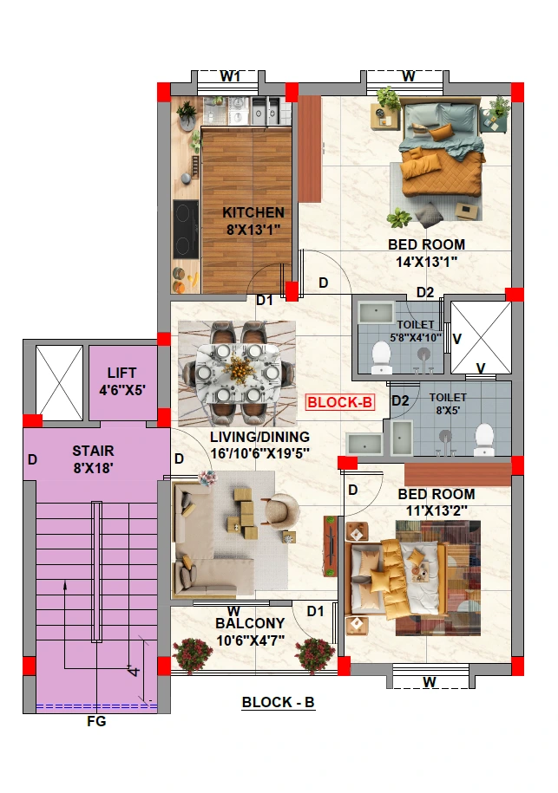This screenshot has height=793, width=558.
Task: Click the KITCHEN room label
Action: (253, 213)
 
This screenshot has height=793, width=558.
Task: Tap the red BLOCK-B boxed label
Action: (340, 403)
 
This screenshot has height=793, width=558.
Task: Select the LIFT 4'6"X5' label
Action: (122, 381)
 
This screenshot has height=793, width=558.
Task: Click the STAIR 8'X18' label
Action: (93, 459)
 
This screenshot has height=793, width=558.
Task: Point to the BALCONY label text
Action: (250, 623)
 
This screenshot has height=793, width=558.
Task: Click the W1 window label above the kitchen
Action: (230, 76)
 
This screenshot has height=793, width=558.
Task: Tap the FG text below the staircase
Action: (96, 721)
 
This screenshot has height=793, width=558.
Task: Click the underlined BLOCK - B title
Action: (278, 703)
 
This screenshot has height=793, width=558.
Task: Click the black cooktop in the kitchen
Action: (186, 229)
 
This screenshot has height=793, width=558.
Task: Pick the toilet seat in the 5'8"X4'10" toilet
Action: (381, 356)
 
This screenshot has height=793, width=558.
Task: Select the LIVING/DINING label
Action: (259, 437)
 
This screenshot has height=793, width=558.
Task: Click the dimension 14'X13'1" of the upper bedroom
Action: (426, 262)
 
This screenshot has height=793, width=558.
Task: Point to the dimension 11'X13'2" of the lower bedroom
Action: (437, 510)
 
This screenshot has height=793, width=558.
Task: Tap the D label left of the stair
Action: (32, 459)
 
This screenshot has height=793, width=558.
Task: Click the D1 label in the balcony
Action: (315, 612)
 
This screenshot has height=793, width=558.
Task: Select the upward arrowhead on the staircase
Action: (65, 585)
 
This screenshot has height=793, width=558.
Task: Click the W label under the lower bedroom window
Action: (429, 682)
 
